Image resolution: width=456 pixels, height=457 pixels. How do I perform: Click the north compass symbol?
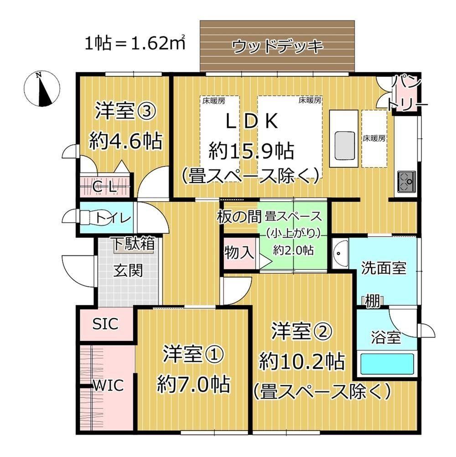click(41, 89)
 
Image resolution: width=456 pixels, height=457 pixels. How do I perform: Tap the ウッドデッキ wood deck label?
click(278, 46)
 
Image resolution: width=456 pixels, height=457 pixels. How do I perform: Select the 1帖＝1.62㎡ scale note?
click(135, 43)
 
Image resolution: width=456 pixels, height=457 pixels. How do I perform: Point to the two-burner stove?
click(406, 182)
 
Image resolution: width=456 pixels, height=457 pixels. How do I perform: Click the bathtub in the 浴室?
click(387, 364)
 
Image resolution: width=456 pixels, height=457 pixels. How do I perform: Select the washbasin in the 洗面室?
click(340, 253)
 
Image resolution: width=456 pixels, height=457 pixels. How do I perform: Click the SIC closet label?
click(105, 324)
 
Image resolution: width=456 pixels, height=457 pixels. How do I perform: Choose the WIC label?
click(108, 386)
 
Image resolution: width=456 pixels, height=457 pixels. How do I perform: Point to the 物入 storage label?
click(239, 252)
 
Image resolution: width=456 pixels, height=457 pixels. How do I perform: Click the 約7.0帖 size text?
click(193, 385)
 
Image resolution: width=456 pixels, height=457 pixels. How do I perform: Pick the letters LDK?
click(252, 122)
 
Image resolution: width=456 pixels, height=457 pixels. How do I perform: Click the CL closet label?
click(105, 188)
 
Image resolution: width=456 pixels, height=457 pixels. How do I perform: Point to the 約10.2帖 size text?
click(302, 361)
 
